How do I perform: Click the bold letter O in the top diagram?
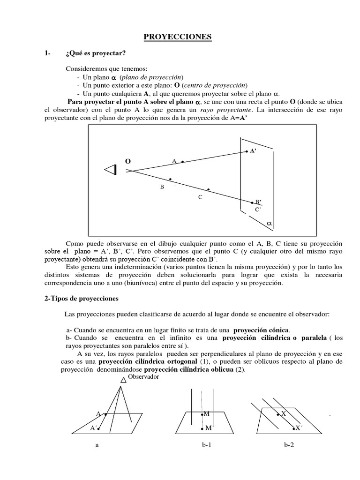click(x=127, y=161)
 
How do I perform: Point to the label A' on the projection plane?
click(x=253, y=151)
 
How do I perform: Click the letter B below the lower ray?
click(x=162, y=187)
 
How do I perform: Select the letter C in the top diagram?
click(x=200, y=197)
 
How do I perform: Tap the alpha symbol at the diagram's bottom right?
click(x=269, y=224)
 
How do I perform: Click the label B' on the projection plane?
click(x=258, y=202)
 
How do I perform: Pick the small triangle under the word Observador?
click(x=124, y=381)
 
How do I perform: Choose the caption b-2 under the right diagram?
click(x=289, y=445)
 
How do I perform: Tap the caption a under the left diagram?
click(x=97, y=445)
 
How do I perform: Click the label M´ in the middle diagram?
click(x=209, y=428)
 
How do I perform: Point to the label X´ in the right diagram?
click(x=300, y=428)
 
